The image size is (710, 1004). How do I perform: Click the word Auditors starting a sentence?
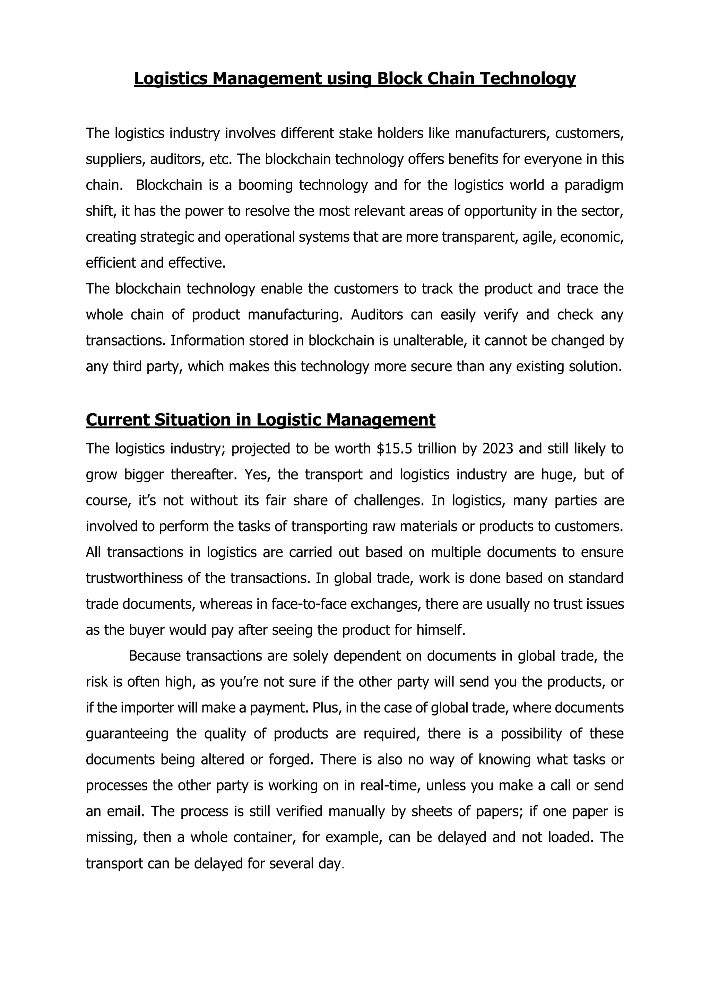coord(377,314)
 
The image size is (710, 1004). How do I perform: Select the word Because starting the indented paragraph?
coord(154,656)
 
